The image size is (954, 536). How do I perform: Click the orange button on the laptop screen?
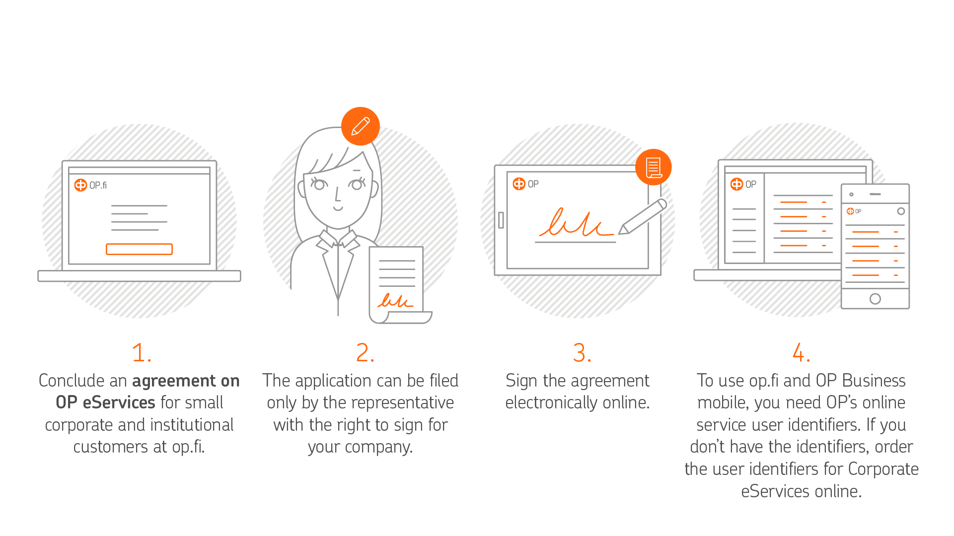pyautogui.click(x=139, y=249)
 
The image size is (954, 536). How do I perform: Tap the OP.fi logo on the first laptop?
pyautogui.click(x=90, y=185)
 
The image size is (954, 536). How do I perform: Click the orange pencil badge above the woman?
pyautogui.click(x=361, y=126)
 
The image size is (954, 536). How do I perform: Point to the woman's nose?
pyautogui.click(x=337, y=195)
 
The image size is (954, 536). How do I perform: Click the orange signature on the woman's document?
pyautogui.click(x=395, y=300)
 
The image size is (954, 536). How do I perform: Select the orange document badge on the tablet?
pyautogui.click(x=654, y=167)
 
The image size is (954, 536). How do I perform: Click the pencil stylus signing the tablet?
pyautogui.click(x=643, y=216)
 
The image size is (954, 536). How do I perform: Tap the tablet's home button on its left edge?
pyautogui.click(x=501, y=220)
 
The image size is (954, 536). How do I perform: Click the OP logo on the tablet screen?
pyautogui.click(x=526, y=184)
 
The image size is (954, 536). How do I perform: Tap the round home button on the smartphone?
pyautogui.click(x=875, y=299)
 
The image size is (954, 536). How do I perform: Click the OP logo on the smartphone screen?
pyautogui.click(x=854, y=211)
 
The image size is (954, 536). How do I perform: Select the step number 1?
pyautogui.click(x=142, y=353)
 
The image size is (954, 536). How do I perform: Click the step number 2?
pyautogui.click(x=365, y=353)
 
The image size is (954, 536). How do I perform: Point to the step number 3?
pyautogui.click(x=582, y=353)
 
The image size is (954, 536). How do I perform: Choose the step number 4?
pyautogui.click(x=801, y=353)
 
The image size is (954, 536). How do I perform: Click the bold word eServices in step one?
pyautogui.click(x=119, y=402)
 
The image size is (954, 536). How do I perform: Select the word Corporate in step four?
pyautogui.click(x=883, y=469)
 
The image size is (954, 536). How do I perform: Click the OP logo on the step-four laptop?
pyautogui.click(x=743, y=184)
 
